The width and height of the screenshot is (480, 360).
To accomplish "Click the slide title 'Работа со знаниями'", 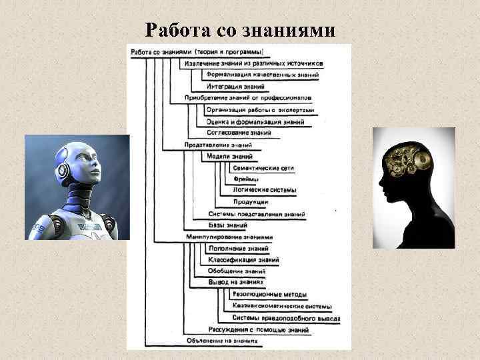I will [240, 30].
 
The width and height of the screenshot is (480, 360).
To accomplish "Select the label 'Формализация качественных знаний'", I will [262, 75].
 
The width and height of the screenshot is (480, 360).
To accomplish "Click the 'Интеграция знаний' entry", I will [235, 87].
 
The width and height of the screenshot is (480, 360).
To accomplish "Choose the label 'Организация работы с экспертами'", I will [260, 110].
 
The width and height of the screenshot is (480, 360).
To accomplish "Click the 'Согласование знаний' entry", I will [239, 133].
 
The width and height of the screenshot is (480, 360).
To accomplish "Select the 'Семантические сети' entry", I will [263, 168].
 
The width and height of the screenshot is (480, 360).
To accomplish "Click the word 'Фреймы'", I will [246, 179].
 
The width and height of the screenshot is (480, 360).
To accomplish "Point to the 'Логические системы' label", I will [264, 191].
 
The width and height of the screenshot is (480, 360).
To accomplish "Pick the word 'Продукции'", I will [251, 202].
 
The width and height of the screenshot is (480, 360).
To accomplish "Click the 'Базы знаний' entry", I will [227, 225].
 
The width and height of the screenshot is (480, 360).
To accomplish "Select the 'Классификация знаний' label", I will [243, 260].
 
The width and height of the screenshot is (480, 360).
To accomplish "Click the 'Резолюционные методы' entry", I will [269, 295].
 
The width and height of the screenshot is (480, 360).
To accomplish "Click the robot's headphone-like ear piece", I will [63, 169].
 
